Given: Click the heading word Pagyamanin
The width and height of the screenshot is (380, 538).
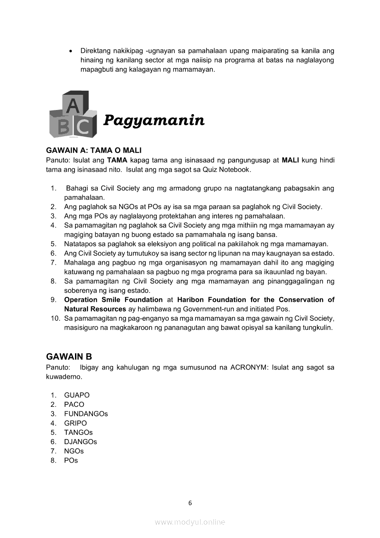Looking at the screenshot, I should click(154, 121).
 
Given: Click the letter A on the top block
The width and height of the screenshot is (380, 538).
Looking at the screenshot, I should click(73, 106).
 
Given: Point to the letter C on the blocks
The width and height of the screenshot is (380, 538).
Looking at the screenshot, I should click(83, 127).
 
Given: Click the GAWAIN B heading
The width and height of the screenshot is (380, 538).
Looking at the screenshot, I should click(69, 356).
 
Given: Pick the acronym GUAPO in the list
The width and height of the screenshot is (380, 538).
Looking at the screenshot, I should click(77, 395).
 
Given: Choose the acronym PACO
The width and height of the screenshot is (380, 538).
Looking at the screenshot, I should click(74, 404).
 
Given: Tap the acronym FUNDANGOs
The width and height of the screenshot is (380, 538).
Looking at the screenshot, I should click(86, 414).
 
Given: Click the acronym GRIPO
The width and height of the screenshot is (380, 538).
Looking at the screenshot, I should click(75, 423).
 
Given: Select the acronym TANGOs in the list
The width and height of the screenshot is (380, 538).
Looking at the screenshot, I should click(78, 432).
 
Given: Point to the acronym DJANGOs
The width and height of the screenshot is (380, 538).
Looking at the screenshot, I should click(81, 442).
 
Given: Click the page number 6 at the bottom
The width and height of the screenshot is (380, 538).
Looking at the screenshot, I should click(190, 503).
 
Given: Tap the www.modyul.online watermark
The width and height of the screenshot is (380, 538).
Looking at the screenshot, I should click(190, 522).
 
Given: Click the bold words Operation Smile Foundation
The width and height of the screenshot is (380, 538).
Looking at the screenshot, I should click(113, 300).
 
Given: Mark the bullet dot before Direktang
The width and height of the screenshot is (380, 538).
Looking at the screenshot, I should click(70, 51).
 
